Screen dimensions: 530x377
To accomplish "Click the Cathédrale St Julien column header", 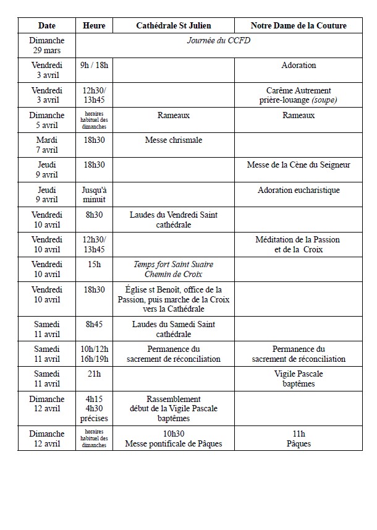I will click(x=174, y=25).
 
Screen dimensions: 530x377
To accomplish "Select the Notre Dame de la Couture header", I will click(x=299, y=25).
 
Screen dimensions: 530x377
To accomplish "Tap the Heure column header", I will click(x=95, y=25).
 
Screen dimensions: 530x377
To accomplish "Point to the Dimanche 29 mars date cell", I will click(x=47, y=45).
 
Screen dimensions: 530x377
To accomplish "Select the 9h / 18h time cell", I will click(x=95, y=65).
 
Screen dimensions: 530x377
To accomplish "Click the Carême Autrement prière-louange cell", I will click(x=299, y=95).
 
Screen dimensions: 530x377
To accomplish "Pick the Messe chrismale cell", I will click(x=174, y=140).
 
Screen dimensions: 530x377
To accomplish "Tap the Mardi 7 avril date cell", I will click(x=47, y=145).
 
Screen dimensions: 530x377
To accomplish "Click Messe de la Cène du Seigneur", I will click(x=299, y=165).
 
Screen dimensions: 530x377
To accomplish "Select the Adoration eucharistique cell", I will click(x=299, y=190).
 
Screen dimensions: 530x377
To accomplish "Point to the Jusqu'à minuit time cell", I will click(x=95, y=194).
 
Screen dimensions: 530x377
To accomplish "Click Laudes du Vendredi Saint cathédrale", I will click(x=174, y=220).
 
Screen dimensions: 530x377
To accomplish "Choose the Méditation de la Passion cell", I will click(x=299, y=244).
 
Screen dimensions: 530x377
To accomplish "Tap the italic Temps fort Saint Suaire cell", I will click(x=174, y=269).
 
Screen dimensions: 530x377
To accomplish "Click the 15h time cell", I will click(x=95, y=264).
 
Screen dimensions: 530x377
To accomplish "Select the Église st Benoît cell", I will click(x=174, y=299).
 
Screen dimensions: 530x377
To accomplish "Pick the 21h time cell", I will click(x=95, y=374).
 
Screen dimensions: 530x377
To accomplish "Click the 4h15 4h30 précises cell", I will click(x=95, y=408).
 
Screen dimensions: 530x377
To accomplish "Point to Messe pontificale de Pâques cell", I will click(x=174, y=439).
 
